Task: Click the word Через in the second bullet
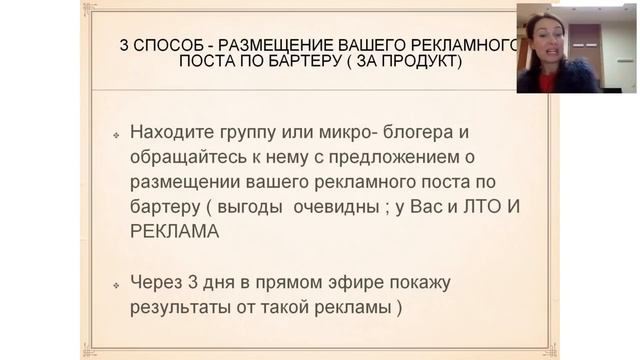(157, 283)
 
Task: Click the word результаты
(181, 307)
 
